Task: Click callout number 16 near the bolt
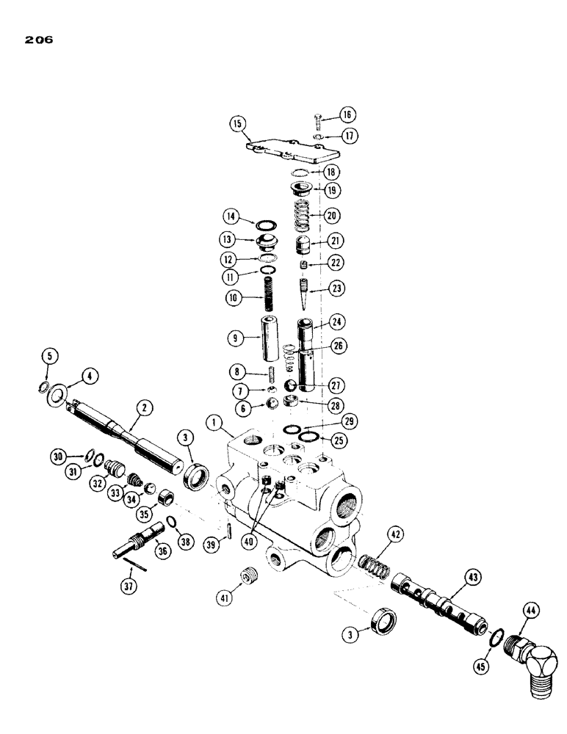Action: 347,114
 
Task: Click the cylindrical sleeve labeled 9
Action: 269,335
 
